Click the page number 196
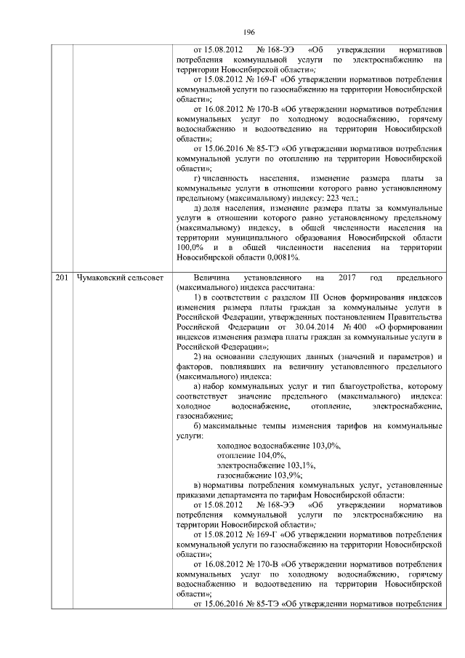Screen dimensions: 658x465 click(247, 32)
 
